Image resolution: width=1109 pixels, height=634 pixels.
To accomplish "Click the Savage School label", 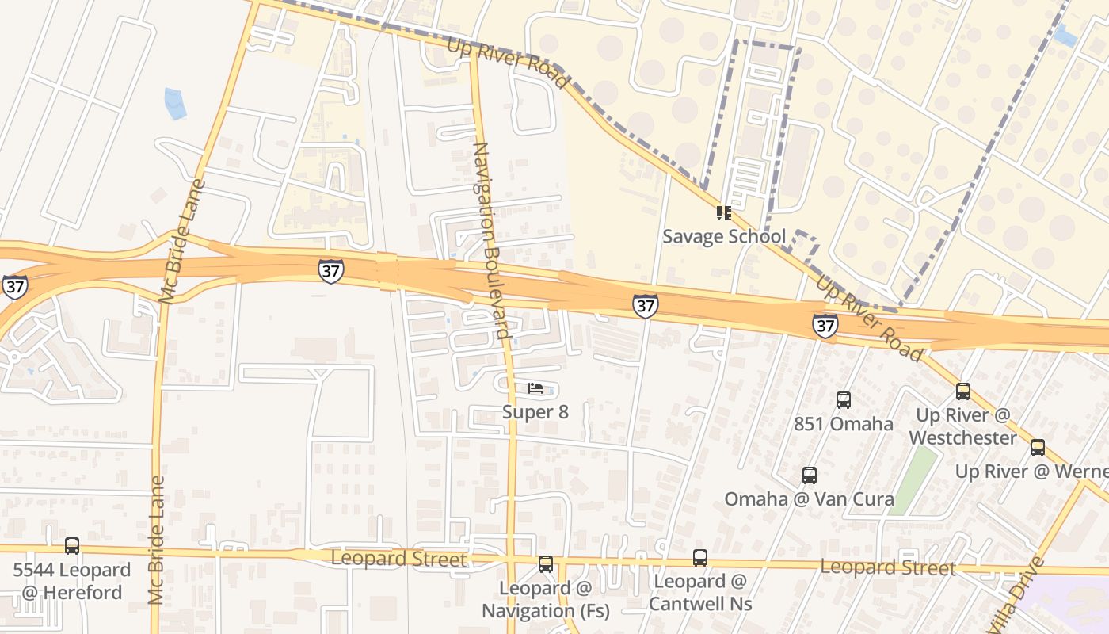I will [x=723, y=236].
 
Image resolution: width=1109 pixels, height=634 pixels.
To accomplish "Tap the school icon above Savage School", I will [x=723, y=212].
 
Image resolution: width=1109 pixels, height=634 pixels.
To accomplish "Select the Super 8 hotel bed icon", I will [x=535, y=388].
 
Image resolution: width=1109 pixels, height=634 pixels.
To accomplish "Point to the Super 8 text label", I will [x=535, y=412].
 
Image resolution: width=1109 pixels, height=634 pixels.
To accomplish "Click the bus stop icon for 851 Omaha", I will [x=844, y=400].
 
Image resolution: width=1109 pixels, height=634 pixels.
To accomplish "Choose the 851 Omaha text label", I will [x=844, y=424].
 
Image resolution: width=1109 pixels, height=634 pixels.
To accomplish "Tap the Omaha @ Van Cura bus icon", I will [x=809, y=475].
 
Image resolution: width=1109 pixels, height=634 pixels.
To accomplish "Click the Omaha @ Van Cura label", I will [x=809, y=499].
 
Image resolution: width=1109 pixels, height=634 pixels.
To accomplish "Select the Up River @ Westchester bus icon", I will [x=963, y=391].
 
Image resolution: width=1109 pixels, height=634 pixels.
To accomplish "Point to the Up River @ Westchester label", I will [x=963, y=426].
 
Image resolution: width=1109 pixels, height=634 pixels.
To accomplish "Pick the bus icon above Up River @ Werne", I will [x=1038, y=448].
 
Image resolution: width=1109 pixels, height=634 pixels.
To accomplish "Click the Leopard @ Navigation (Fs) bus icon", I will [x=546, y=564].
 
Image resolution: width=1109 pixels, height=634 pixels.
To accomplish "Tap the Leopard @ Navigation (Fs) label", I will [x=546, y=599].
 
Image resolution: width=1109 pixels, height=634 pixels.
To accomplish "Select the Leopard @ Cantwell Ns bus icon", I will [x=699, y=558].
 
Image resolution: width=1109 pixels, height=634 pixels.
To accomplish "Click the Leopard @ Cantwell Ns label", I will [x=699, y=592].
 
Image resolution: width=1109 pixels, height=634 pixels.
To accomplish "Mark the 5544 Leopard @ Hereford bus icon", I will [x=72, y=545].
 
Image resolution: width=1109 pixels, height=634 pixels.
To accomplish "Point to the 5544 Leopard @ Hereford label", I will [x=72, y=581].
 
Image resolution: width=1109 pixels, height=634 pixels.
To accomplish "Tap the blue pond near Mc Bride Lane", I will [x=175, y=104].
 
